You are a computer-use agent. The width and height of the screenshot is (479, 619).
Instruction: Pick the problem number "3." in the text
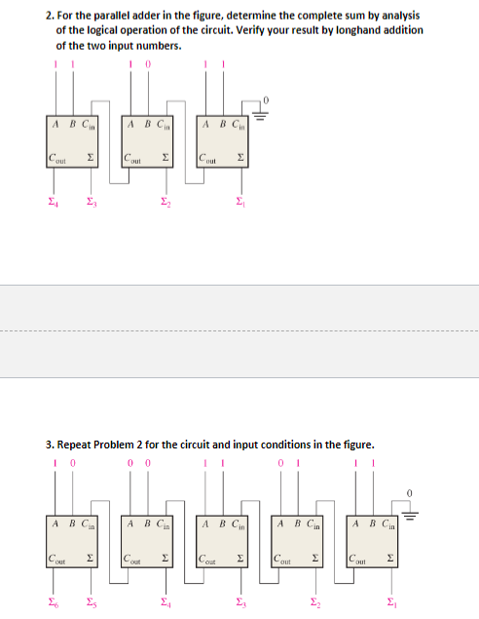point(51,443)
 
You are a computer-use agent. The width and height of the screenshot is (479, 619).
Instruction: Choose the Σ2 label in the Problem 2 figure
point(164,201)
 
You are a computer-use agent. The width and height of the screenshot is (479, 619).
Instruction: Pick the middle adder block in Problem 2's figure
point(151,142)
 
